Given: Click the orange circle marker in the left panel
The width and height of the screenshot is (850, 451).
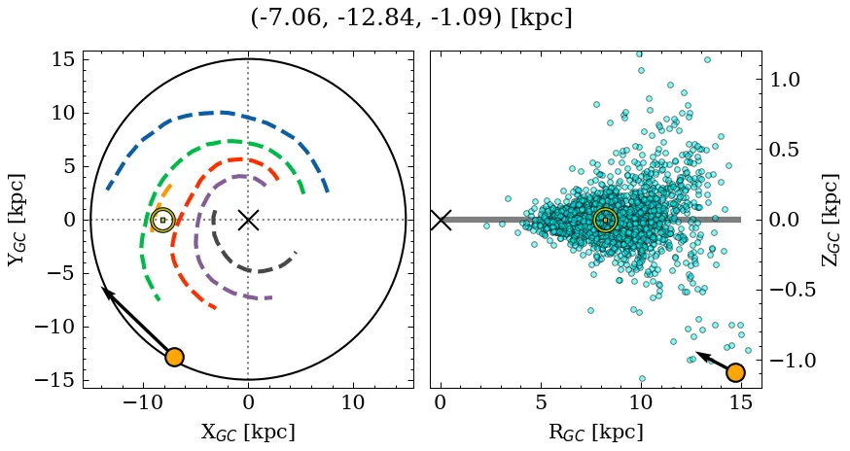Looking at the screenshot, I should coord(174,357).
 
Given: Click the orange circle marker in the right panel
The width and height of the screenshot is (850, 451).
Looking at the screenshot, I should coord(735,372).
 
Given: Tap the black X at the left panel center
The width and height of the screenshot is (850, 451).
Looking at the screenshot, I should coord(248,220).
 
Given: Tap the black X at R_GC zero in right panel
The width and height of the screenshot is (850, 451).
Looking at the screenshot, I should coord(441,220).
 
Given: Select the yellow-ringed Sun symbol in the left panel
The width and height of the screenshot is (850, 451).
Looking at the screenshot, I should coord(162,220).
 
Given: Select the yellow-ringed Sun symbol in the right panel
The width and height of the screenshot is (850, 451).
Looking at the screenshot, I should coord(605,221).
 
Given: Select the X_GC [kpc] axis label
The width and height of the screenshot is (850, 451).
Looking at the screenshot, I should coord(248,432).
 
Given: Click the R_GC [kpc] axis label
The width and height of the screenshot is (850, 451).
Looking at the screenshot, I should coord(595,432).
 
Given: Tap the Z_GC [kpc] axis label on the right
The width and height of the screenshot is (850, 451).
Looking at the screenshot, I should coord(830,220).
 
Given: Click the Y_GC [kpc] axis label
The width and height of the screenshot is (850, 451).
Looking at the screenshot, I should coord(18,220).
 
